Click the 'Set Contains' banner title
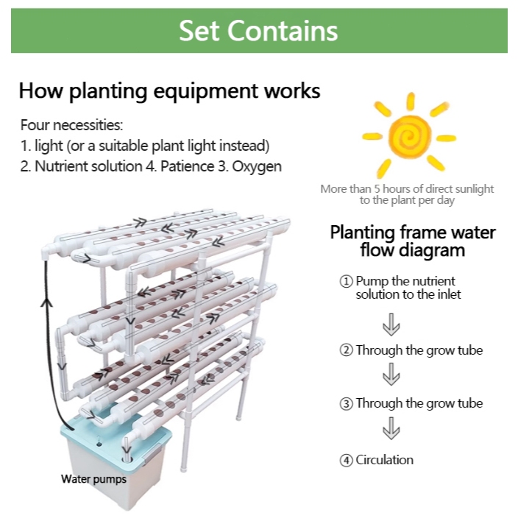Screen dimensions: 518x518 [x=258, y=31]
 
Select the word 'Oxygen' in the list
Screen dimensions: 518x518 [x=257, y=166]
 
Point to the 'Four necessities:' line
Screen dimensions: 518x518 [x=71, y=125]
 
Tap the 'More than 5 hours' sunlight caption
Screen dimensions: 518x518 [x=407, y=194]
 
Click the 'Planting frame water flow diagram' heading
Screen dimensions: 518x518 [x=413, y=241]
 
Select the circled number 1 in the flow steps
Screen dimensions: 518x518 [x=346, y=281]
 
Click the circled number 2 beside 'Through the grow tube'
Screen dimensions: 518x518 [x=346, y=350]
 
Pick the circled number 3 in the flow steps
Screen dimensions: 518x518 [x=346, y=403]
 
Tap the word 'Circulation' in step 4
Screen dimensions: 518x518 [x=384, y=460]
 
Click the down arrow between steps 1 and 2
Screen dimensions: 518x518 [x=391, y=323]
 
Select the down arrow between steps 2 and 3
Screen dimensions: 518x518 [x=391, y=375]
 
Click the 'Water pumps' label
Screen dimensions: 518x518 [x=93, y=479]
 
